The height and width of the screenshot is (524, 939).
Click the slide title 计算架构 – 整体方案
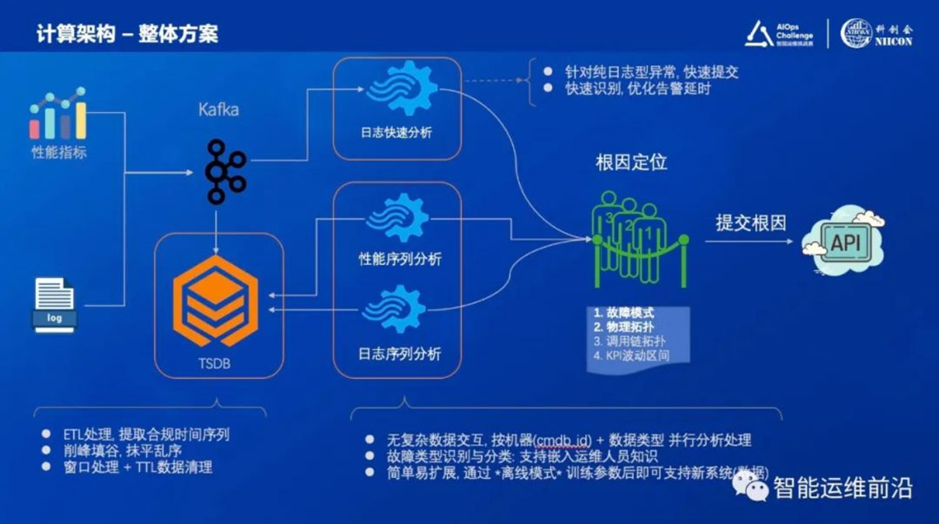[127, 34]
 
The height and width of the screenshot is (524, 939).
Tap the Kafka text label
[217, 110]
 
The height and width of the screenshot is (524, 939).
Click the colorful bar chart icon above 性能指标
[58, 115]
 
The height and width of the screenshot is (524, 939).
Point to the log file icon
[56, 303]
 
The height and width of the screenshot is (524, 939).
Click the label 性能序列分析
[400, 259]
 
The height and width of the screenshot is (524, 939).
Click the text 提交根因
[750, 223]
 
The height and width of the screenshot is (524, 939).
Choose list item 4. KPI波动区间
[634, 355]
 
